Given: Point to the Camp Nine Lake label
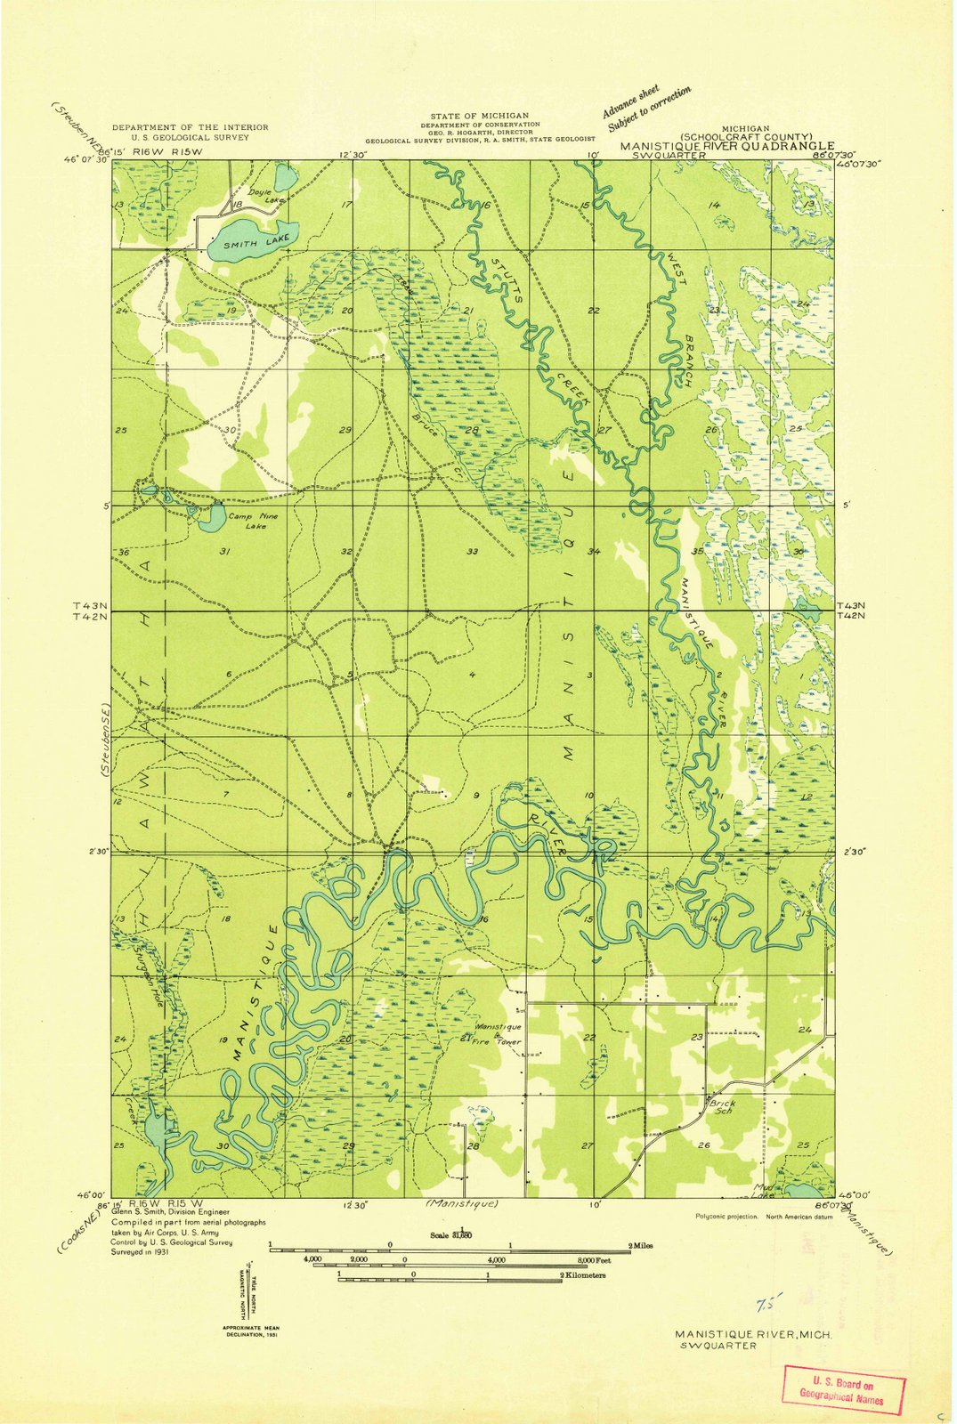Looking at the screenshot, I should tap(247, 521).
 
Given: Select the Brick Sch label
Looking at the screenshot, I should tap(723, 1107).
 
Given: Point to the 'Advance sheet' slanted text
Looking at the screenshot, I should tap(630, 101).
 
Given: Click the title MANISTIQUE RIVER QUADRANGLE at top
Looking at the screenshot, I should tap(727, 145).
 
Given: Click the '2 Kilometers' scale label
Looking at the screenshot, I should tap(583, 1275).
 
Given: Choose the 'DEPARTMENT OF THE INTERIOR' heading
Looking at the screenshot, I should tap(190, 127).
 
